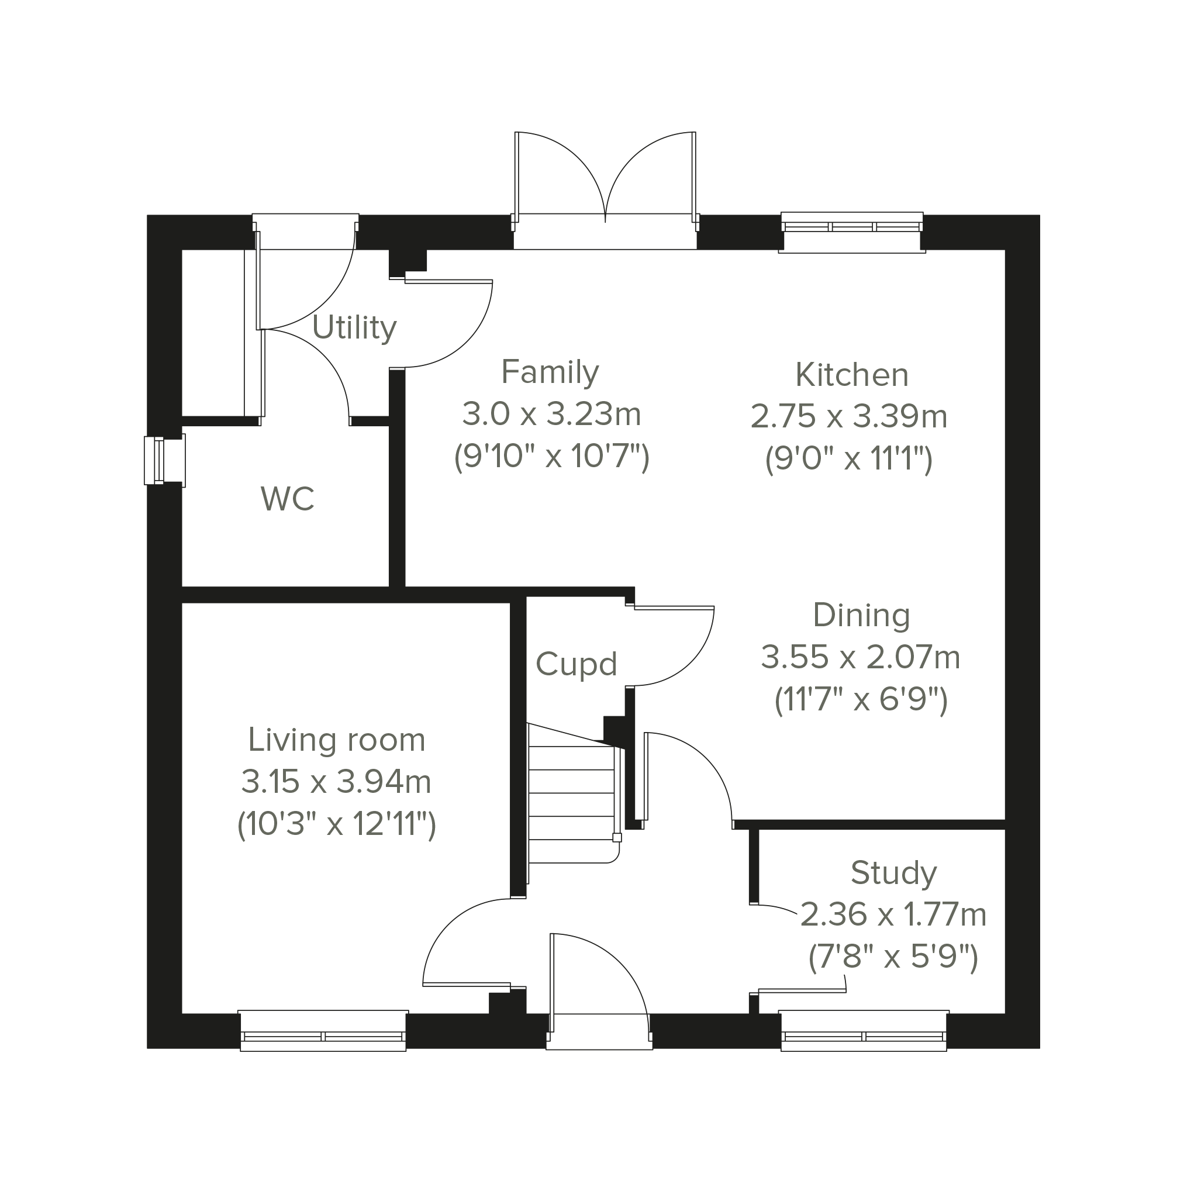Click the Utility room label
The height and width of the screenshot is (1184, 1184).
354,329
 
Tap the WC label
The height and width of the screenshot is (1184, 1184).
288,499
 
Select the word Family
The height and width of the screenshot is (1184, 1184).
550,372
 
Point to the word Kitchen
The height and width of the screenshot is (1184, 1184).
852,375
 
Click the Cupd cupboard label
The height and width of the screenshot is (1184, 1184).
576,664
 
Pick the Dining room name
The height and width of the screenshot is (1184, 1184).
861,616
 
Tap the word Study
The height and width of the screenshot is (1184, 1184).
893,874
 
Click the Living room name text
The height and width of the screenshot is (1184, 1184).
336,740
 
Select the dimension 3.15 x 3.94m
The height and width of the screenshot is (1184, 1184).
336,782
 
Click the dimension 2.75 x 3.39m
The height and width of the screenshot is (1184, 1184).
849,417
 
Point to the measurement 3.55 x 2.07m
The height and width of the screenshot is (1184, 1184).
861,658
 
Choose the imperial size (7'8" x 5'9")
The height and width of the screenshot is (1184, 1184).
893,957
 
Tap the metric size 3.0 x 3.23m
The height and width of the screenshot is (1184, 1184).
551,415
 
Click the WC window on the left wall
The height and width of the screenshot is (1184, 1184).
164,460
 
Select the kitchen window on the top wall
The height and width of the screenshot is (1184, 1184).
852,232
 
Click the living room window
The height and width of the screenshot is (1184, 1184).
323,1031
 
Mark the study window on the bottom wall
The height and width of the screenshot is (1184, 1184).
864,1031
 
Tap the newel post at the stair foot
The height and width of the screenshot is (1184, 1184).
617,838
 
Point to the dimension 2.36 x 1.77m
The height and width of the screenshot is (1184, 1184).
893,916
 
